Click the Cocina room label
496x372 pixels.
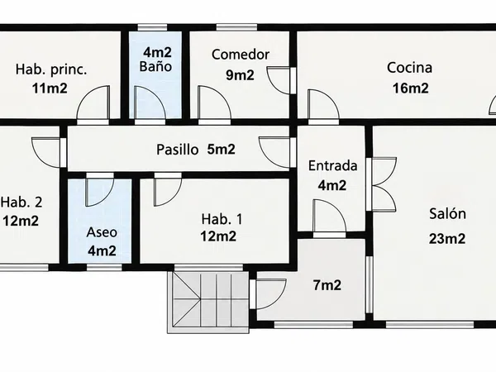tap(409, 68)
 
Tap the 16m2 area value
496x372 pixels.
tap(411, 88)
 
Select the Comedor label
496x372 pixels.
tap(241, 55)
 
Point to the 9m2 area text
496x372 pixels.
tap(240, 75)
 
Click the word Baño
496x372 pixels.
tap(155, 66)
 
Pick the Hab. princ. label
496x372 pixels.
tap(51, 69)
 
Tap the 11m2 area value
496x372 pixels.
tap(50, 88)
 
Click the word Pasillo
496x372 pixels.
tap(178, 150)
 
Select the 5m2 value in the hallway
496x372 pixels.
tap(221, 149)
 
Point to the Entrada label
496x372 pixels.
tap(333, 166)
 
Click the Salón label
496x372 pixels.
tap(447, 214)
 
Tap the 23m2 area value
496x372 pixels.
tap(447, 239)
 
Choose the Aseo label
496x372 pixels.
tap(102, 232)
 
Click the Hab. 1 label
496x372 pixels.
tap(222, 219)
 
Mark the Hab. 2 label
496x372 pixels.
tap(21, 203)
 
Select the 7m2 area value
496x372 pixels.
tap(327, 285)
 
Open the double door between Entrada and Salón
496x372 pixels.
tap(384, 184)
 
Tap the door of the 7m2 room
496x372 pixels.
tap(271, 293)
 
